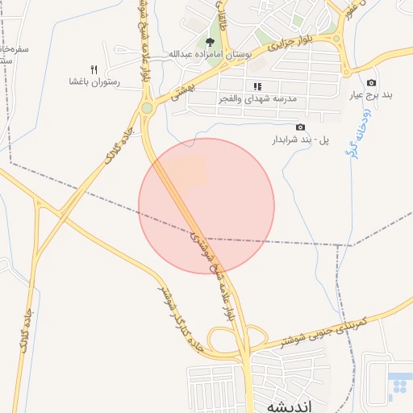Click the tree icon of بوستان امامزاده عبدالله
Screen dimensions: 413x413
(x=211, y=42)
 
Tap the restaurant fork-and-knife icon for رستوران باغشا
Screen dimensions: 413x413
(x=94, y=69)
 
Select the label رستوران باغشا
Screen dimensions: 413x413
(x=94, y=82)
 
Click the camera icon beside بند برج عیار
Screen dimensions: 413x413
(x=371, y=82)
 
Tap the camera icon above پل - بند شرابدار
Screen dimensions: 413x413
(x=301, y=127)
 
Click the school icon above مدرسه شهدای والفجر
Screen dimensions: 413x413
(x=257, y=86)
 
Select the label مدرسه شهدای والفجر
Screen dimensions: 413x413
(x=264, y=98)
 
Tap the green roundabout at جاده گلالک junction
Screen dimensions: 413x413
(x=147, y=108)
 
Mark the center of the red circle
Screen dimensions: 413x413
(x=206, y=206)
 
